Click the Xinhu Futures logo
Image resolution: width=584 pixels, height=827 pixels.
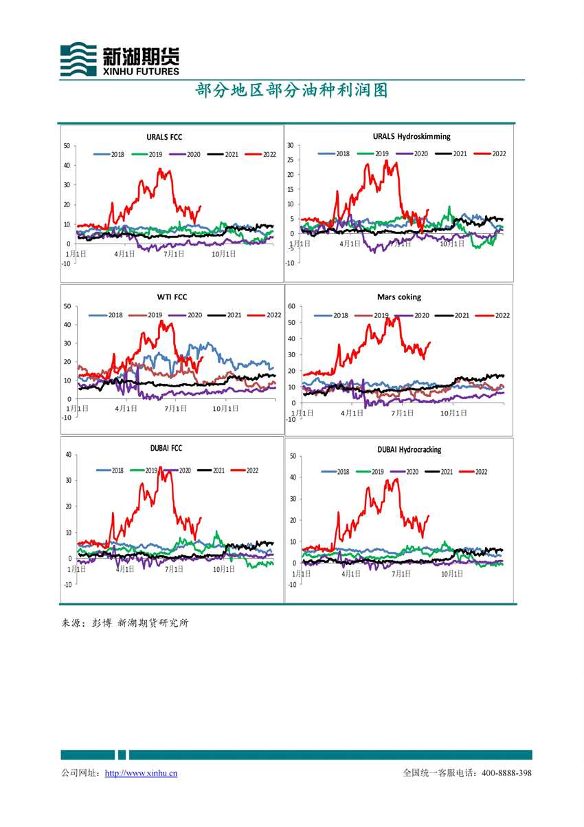pyautogui.click(x=120, y=58)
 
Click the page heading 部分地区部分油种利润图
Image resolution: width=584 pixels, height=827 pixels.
pyautogui.click(x=291, y=91)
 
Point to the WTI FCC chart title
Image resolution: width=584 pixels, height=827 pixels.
pyautogui.click(x=172, y=298)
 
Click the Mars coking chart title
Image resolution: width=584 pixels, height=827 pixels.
pyautogui.click(x=398, y=297)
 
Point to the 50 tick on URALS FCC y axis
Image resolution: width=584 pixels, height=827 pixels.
pyautogui.click(x=67, y=145)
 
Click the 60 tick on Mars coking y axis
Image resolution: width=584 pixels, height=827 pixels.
pyautogui.click(x=291, y=306)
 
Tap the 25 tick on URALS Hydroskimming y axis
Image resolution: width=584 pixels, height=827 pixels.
pyautogui.click(x=291, y=160)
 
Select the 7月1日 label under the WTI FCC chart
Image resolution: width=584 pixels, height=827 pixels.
pyautogui.click(x=177, y=408)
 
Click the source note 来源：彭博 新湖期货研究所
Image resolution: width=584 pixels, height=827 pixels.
pyautogui.click(x=125, y=623)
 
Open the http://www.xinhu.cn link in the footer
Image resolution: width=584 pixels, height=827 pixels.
pyautogui.click(x=141, y=773)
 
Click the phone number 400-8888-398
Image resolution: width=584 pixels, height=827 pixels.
pyautogui.click(x=507, y=773)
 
